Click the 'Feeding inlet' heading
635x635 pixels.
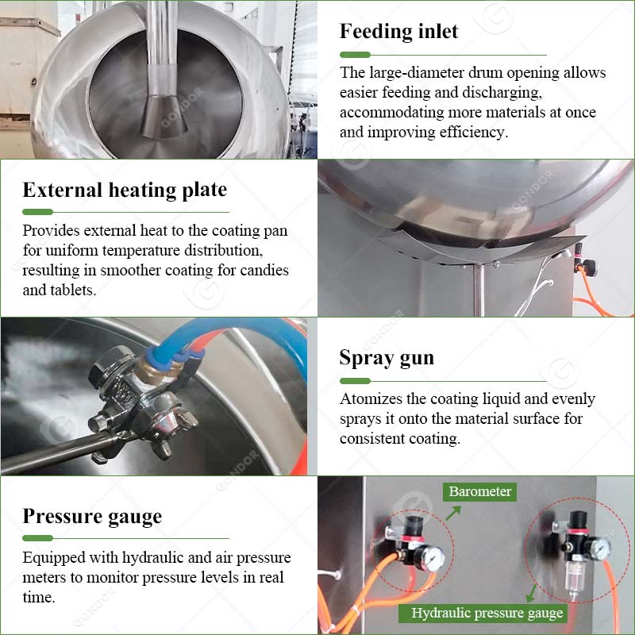399,32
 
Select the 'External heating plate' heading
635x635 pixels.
125,190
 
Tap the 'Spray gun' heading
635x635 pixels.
387,358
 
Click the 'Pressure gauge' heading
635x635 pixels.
92,517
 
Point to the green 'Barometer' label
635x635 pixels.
480,491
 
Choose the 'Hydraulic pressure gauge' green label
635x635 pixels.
487,613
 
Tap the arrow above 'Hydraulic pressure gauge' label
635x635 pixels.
531,591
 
